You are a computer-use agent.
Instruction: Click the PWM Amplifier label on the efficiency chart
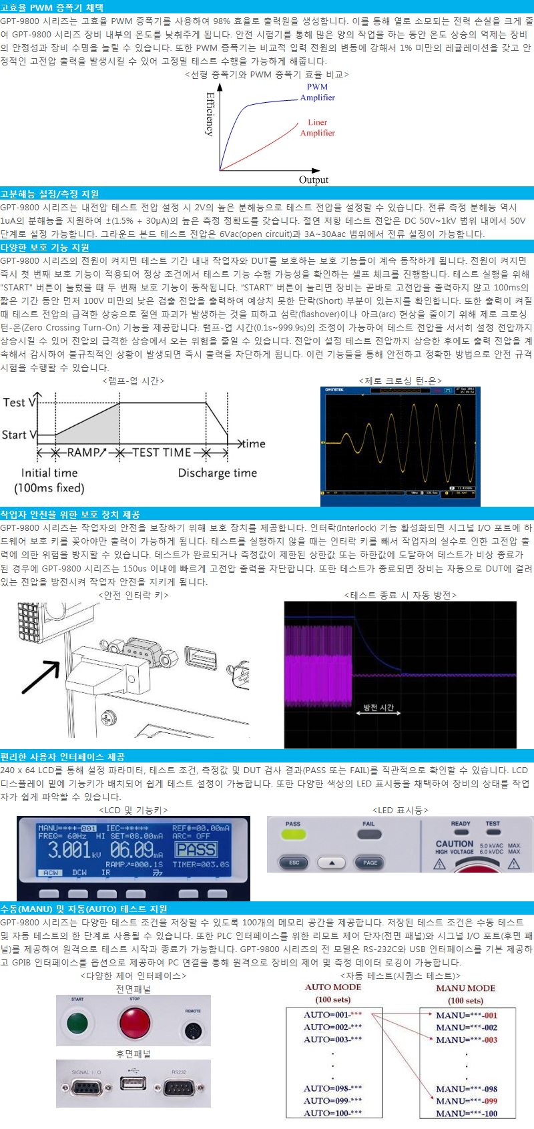pos(317,92)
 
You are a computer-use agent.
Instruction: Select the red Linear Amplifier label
pos(317,128)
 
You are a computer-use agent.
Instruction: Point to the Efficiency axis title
pos(210,114)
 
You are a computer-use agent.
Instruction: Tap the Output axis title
pos(314,180)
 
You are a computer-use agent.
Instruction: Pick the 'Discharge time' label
pos(217,473)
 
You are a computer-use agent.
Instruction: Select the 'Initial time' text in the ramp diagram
pos(49,473)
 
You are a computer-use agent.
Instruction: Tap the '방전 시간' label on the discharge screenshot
pos(378,707)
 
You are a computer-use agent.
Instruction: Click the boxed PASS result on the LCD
pos(196,849)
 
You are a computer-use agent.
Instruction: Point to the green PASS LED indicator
pos(293,835)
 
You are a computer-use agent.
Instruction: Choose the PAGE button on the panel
pos(370,863)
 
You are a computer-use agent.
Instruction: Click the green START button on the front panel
pos(77,1022)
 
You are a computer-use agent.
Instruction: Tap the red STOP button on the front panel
pos(134,1022)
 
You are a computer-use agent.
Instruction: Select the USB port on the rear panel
pos(133,1082)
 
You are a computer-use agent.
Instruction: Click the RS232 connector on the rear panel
pos(178,1088)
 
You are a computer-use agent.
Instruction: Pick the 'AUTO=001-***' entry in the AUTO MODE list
pos(333,1015)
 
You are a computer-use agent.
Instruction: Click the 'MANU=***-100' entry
pos(467,1113)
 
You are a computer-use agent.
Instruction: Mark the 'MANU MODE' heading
pos(465,988)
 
